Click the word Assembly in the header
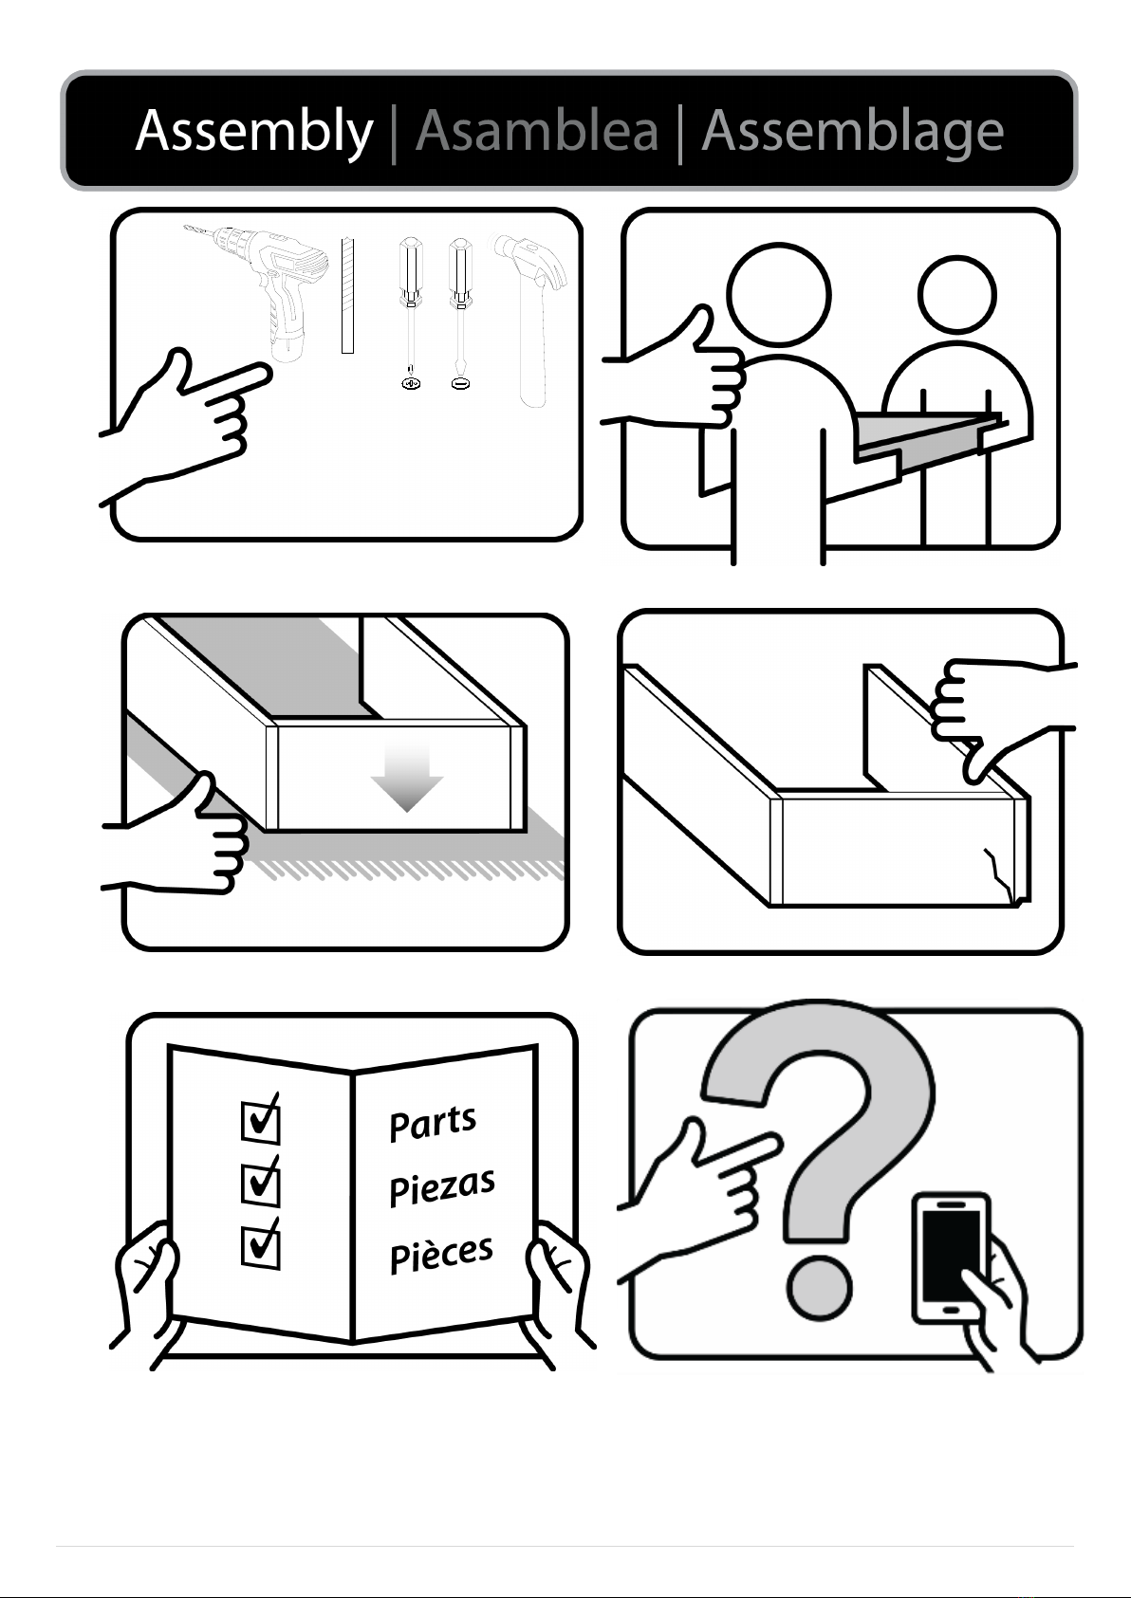point(254,133)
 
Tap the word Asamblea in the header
point(537,131)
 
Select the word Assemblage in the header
point(853,133)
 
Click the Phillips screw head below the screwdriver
point(410,384)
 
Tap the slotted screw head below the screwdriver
point(461,384)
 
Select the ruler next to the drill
point(347,295)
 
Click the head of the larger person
point(779,295)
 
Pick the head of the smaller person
point(956,295)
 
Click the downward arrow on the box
point(407,778)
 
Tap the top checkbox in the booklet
point(261,1121)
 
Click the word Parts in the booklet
point(433,1124)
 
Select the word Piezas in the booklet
point(442,1187)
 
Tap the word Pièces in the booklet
point(441,1254)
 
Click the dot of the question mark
point(819,1289)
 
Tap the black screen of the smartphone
point(951,1257)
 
